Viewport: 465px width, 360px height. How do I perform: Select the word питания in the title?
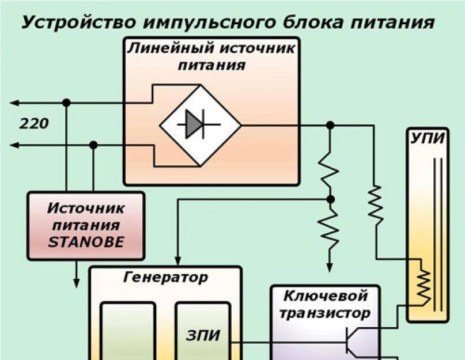(392, 22)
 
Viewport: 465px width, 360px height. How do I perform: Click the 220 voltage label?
(34, 124)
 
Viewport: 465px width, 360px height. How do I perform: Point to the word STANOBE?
(86, 242)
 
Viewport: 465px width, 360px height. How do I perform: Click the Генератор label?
(165, 278)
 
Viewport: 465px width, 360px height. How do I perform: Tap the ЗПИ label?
(203, 335)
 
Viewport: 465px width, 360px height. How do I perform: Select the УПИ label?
(428, 138)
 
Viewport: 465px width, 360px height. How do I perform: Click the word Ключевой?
(326, 296)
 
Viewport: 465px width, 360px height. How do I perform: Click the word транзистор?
(325, 314)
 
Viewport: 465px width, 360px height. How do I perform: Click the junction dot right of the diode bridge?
(330, 125)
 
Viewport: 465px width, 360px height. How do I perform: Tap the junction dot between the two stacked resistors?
(330, 199)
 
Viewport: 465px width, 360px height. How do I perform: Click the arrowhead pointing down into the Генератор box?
(177, 260)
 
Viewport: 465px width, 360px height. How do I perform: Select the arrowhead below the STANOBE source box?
(77, 283)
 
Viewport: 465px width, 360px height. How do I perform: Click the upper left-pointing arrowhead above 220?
(14, 103)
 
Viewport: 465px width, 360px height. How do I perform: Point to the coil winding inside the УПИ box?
(424, 287)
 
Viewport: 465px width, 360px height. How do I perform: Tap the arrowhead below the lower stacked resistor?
(330, 267)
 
